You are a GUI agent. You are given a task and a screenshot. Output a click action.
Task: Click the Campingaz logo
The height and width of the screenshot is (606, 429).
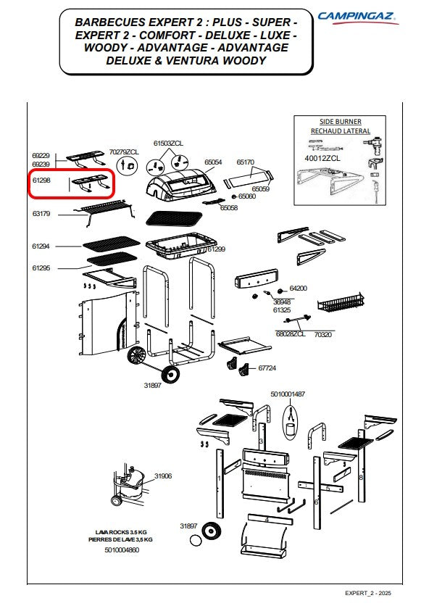click(358, 18)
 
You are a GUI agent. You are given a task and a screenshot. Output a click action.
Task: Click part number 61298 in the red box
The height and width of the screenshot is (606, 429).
click(41, 180)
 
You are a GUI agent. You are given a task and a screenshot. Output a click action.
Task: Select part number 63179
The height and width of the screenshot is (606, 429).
click(41, 213)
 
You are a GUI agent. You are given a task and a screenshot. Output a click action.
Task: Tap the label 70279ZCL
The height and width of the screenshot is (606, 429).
click(124, 152)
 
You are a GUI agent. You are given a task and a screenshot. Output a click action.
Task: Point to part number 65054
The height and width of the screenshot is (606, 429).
click(213, 162)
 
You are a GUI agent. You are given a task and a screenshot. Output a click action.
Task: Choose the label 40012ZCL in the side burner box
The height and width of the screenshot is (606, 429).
click(322, 158)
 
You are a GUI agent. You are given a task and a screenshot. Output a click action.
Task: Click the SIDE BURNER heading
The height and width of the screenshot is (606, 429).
click(341, 121)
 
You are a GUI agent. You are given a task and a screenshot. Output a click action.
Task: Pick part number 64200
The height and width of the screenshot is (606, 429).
click(299, 288)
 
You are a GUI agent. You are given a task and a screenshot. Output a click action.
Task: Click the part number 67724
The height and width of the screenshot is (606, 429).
click(267, 368)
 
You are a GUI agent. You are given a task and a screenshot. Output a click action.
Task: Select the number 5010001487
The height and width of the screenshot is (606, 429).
click(288, 394)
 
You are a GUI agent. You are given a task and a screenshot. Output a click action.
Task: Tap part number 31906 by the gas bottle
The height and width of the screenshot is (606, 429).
click(163, 476)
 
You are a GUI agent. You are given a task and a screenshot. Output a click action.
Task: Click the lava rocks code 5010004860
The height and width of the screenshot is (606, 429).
click(122, 549)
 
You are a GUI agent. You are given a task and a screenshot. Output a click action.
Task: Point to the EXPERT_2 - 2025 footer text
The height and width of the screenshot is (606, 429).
click(368, 593)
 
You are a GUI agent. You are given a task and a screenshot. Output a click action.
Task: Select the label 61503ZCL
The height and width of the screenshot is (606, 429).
click(168, 143)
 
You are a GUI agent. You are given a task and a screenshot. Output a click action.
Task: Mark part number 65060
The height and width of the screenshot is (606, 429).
click(247, 196)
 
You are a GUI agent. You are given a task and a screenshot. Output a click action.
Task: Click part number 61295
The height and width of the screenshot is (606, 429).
click(41, 267)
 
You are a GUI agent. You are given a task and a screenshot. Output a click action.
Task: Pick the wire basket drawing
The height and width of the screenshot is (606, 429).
click(341, 302)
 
